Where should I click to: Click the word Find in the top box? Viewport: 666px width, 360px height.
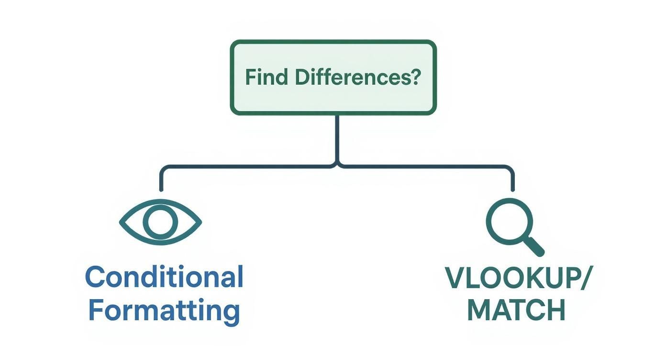[266, 78]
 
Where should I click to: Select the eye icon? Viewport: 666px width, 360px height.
[160, 223]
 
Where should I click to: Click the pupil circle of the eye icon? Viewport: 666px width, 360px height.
[160, 223]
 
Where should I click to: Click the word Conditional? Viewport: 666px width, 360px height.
[164, 277]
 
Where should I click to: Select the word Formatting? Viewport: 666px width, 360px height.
[164, 311]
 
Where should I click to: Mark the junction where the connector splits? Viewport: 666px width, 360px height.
[337, 166]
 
